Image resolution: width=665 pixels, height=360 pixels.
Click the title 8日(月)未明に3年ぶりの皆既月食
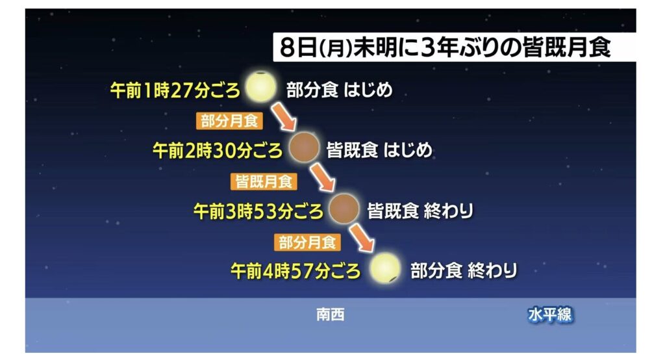point(445,47)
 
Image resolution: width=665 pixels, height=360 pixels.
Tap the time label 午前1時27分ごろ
point(175,90)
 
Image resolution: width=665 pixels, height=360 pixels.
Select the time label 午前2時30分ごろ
point(217,150)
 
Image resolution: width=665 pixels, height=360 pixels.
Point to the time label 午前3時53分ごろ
point(258,211)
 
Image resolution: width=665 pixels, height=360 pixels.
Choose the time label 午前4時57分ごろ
point(295,271)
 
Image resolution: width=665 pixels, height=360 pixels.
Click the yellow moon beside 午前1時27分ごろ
point(261,87)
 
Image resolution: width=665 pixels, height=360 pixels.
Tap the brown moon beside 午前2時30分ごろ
point(304,148)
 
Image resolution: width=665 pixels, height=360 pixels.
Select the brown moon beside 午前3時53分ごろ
point(344,209)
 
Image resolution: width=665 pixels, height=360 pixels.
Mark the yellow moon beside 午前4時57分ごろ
point(384,268)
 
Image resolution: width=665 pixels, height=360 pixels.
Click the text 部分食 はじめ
point(339,90)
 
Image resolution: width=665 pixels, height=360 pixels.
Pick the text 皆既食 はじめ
point(379,150)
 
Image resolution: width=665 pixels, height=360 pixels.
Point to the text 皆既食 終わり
point(420,211)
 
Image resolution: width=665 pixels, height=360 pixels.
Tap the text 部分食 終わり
point(464,271)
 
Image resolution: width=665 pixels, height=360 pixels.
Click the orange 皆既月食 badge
point(264,182)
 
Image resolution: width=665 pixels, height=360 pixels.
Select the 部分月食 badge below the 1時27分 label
point(229,121)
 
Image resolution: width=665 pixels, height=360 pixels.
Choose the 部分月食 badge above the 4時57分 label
point(307,242)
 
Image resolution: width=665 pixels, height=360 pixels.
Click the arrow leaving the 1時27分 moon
point(284,116)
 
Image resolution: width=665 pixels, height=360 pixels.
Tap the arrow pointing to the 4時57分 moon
point(362,238)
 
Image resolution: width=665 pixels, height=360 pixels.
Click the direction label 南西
point(331,315)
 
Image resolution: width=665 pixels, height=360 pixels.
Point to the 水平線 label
point(549,315)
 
